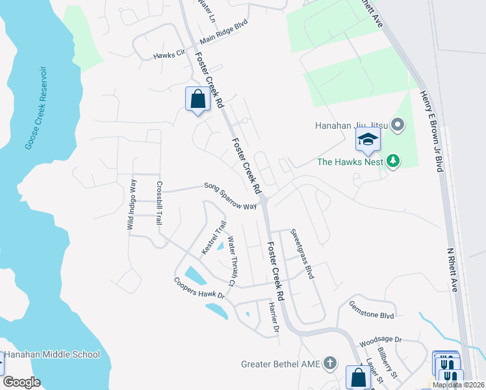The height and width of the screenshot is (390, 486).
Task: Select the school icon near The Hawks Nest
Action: (x=368, y=139)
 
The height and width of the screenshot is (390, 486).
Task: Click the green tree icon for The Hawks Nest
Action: (x=392, y=160)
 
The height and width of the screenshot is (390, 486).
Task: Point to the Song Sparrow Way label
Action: (x=230, y=196)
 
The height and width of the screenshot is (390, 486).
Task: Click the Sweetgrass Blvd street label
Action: (x=302, y=253)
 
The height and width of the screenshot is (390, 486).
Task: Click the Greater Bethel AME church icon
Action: (x=330, y=363)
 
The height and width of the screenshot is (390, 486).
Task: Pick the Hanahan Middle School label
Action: (x=53, y=354)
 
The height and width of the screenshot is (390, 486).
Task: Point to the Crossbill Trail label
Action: (x=158, y=203)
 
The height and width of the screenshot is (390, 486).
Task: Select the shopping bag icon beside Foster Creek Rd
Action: (x=198, y=99)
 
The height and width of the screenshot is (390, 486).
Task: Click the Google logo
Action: (x=21, y=382)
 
